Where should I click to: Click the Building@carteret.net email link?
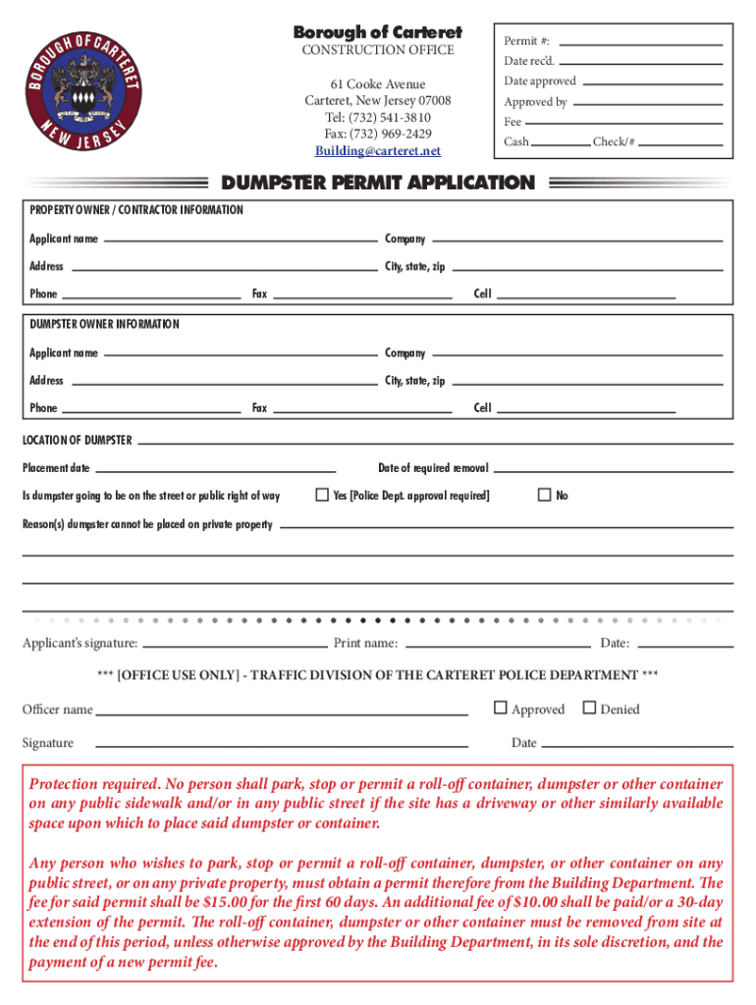point(378,151)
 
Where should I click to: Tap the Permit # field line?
point(641,43)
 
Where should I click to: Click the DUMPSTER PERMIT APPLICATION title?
point(378,183)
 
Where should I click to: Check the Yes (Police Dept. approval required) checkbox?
point(321,495)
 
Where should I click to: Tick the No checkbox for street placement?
point(544,495)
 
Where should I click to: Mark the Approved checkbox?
point(501,708)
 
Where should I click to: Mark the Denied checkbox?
point(589,708)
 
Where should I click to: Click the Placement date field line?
point(216,470)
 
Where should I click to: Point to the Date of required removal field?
point(613,470)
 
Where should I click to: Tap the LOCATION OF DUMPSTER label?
point(77,441)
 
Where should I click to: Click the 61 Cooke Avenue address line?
point(378,84)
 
